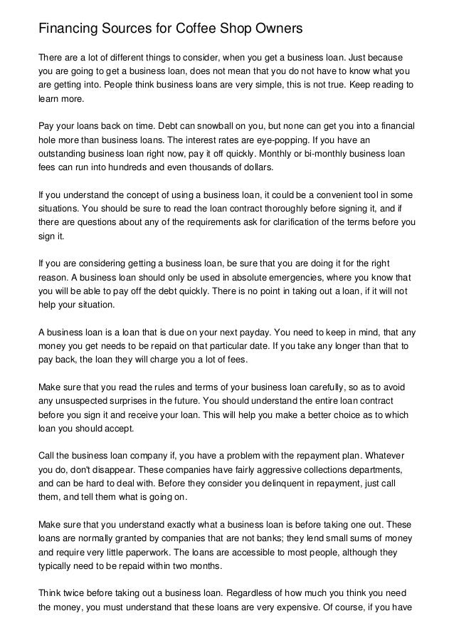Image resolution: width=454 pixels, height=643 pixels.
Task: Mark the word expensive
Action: click(327, 607)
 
